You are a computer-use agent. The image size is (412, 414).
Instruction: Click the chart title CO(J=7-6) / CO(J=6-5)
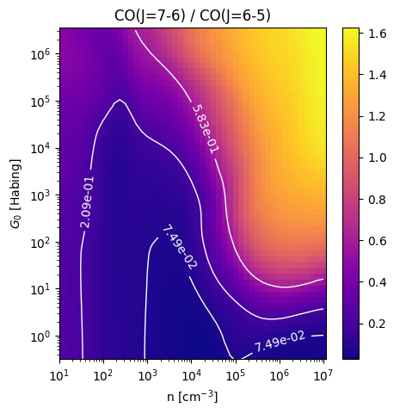193,15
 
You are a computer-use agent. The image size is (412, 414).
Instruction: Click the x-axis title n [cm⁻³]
193,397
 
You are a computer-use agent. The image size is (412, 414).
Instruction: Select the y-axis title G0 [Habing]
15,194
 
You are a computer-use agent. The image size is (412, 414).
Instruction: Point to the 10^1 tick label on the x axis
60,375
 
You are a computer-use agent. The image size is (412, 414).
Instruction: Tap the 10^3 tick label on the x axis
148,375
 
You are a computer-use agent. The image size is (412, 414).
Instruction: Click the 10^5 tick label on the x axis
236,375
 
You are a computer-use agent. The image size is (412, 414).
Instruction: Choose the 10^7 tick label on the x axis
323,375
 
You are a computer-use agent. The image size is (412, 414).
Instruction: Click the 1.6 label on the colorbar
377,34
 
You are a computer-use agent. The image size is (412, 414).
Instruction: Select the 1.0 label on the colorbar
377,158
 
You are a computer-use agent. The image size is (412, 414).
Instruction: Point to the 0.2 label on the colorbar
377,324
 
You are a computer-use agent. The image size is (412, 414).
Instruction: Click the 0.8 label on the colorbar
377,200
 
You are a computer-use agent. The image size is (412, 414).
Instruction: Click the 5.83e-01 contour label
206,129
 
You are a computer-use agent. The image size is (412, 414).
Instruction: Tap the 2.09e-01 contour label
87,202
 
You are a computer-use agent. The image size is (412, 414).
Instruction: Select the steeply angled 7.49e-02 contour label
180,247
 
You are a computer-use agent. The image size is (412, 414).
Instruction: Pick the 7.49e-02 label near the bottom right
280,341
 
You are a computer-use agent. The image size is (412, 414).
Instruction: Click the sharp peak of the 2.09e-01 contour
120,100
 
